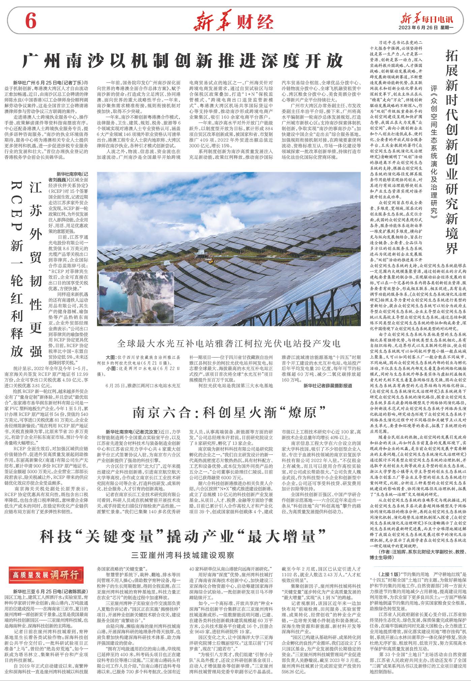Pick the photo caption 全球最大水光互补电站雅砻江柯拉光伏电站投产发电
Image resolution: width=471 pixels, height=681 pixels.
pyautogui.click(x=229, y=343)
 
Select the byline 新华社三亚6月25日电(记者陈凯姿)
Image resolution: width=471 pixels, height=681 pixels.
pyautogui.click(x=51, y=591)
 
